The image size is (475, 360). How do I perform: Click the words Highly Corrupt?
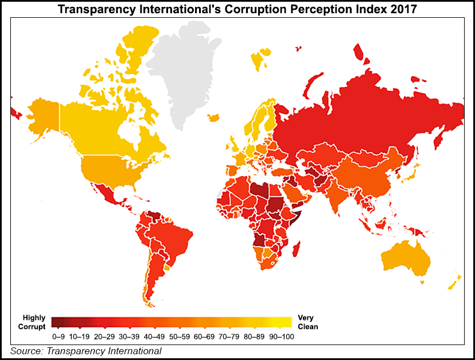pyautogui.click(x=35, y=322)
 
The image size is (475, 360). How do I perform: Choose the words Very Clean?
pyautogui.click(x=307, y=322)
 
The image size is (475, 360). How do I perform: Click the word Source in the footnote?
pyautogui.click(x=25, y=351)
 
